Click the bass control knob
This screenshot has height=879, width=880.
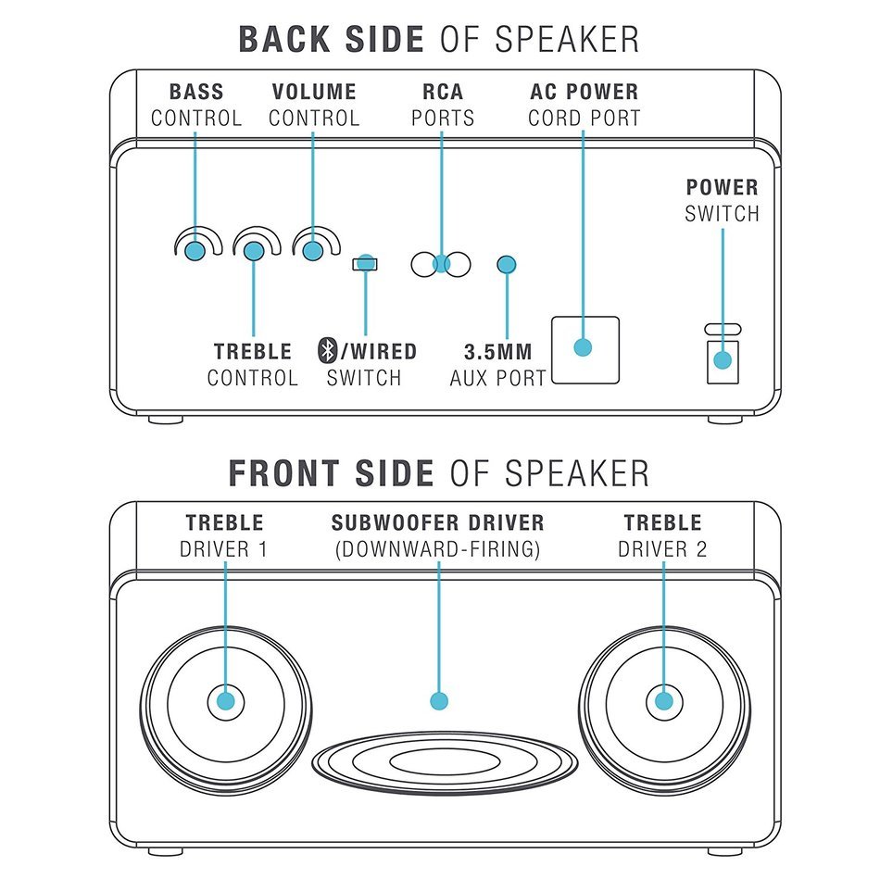coord(195,250)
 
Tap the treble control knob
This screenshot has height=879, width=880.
coord(254,250)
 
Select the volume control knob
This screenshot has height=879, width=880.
coord(313,250)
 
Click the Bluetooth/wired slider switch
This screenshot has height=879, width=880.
coord(365,264)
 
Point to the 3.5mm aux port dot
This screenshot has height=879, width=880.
coord(506,265)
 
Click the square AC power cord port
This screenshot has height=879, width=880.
coord(584,349)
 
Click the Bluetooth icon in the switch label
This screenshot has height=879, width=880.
coord(326,351)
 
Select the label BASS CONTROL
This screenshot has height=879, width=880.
coord(196,105)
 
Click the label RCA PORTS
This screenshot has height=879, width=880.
coord(442,105)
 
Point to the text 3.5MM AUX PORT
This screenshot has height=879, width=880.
coord(497,365)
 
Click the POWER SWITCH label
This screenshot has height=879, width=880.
coord(722,200)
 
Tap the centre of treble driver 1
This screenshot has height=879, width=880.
coord(225,701)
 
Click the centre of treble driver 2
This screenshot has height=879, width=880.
coord(663,701)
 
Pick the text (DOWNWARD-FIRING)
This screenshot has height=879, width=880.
coord(438,549)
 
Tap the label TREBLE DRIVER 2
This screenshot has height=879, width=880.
coord(662,535)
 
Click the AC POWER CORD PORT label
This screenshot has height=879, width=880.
coord(584,105)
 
